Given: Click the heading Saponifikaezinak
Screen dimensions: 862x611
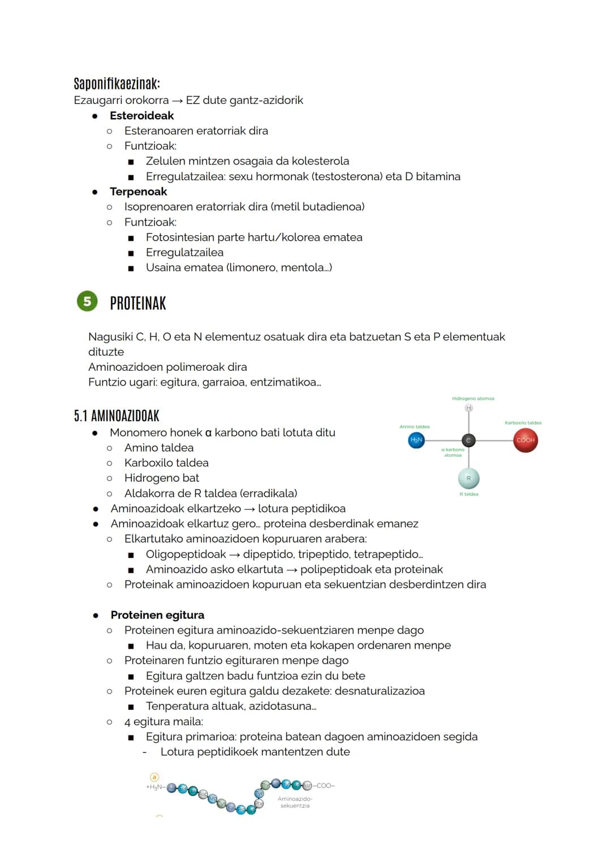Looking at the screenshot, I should coord(117,84).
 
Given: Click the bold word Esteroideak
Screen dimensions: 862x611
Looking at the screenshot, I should coord(141,115).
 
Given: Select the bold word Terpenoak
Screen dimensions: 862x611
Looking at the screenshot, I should coord(138,192).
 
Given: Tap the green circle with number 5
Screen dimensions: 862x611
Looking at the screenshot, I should coord(87,301).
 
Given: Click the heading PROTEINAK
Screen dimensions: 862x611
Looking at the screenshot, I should coord(138,304).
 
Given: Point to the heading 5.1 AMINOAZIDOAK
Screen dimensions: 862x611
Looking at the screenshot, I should coord(117,416).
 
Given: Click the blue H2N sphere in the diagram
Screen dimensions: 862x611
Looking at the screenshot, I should coord(416,440).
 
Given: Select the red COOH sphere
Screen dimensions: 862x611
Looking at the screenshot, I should coord(526,440).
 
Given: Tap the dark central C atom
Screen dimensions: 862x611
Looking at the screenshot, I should coord(468,440).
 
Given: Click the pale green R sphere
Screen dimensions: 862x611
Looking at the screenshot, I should coord(468,478).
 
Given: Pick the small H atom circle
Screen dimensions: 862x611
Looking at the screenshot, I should coord(468,408).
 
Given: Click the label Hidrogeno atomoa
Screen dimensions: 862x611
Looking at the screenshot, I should coord(473,398).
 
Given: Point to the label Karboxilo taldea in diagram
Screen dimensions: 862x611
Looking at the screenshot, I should coord(523,423).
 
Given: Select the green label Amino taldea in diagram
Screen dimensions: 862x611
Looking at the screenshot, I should coord(414,427).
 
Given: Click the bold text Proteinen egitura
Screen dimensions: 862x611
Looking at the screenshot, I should coord(157,615).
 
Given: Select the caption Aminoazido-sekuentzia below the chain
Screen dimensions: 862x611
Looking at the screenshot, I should coord(295,802).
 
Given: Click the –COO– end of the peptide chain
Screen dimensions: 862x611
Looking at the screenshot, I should coord(325,786).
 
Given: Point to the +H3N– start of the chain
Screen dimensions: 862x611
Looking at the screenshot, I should coord(154,787).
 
